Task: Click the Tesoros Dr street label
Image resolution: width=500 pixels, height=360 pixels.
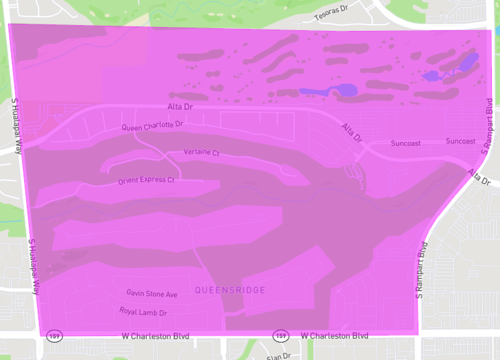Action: pyautogui.click(x=335, y=15)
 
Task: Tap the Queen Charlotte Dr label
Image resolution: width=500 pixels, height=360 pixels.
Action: pyautogui.click(x=153, y=127)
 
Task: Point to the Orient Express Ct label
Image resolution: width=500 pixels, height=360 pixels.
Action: pyautogui.click(x=145, y=181)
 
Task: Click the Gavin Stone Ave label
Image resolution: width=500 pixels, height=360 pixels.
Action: pyautogui.click(x=152, y=295)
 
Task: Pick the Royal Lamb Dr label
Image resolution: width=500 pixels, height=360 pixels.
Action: pyautogui.click(x=142, y=312)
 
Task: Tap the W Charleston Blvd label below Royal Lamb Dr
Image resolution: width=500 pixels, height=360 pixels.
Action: pyautogui.click(x=156, y=337)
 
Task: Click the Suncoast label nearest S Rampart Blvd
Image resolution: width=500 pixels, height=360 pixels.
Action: pyautogui.click(x=461, y=142)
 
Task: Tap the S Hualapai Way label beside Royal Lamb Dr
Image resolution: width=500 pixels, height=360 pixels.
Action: pyautogui.click(x=33, y=266)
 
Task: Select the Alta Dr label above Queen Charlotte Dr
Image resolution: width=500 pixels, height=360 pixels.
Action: pyautogui.click(x=180, y=106)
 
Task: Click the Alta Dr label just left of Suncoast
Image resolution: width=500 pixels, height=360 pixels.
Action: pyautogui.click(x=352, y=132)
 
